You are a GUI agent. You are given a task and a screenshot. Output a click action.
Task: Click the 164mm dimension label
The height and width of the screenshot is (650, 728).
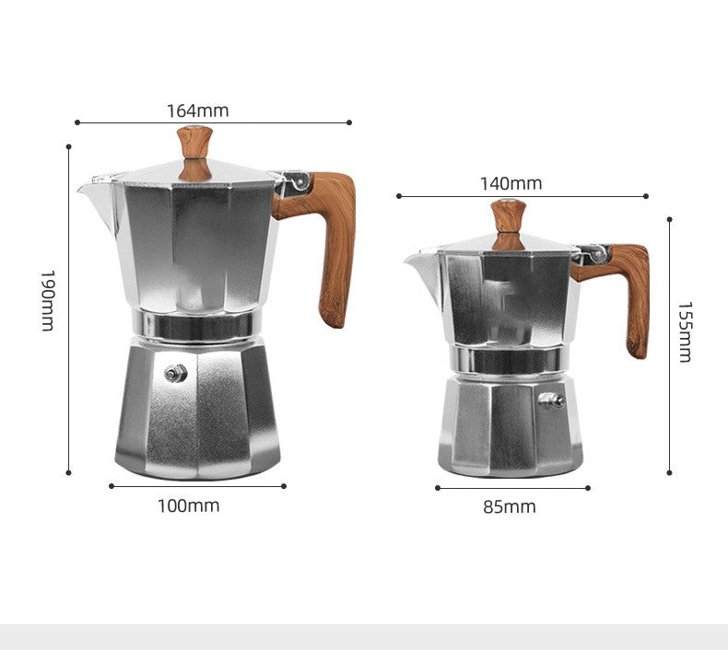click(x=197, y=110)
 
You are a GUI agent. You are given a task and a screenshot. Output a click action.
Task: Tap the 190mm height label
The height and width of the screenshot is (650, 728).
click(x=48, y=300)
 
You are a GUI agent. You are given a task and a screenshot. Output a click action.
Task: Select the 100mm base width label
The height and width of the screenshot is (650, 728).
click(x=188, y=505)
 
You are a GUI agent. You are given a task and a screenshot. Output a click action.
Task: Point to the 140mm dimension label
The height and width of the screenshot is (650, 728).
click(x=511, y=183)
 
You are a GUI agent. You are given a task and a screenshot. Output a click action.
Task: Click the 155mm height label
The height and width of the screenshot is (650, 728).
click(x=685, y=331)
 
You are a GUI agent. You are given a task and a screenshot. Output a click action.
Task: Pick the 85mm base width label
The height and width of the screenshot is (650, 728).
click(x=510, y=506)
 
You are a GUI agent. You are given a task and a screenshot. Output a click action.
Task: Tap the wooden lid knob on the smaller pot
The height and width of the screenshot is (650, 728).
click(x=508, y=221)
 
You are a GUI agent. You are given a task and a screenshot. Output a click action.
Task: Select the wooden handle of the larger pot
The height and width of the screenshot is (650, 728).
click(x=332, y=239)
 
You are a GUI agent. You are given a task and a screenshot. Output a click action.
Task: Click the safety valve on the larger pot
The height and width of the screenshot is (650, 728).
click(x=175, y=372)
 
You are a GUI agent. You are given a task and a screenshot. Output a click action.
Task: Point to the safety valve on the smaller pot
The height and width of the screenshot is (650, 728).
click(x=551, y=400)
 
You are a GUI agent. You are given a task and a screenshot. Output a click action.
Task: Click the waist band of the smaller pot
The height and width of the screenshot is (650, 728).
click(x=508, y=360)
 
